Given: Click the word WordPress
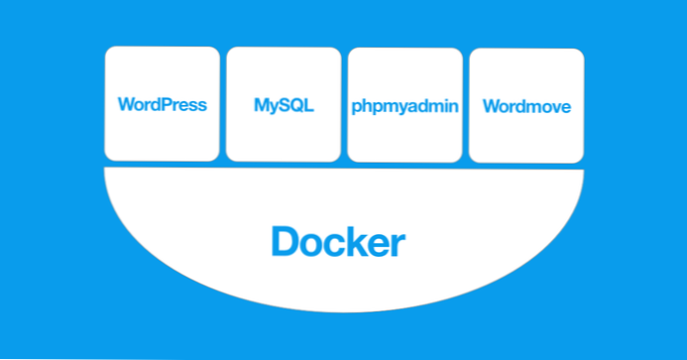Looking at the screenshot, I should pyautogui.click(x=162, y=105).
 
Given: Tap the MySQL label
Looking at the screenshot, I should pyautogui.click(x=283, y=105).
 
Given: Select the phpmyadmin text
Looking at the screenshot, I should pyautogui.click(x=403, y=106).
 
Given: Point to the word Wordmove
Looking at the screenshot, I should pyautogui.click(x=525, y=106).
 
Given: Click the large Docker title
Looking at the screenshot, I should pyautogui.click(x=338, y=241).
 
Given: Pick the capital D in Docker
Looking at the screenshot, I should pyautogui.click(x=285, y=241).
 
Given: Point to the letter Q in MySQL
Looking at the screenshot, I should pyautogui.click(x=294, y=105).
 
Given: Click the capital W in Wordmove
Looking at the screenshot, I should pyautogui.click(x=490, y=106).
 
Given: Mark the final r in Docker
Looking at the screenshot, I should pyautogui.click(x=399, y=243).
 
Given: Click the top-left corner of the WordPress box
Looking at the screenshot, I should pyautogui.click(x=108, y=50).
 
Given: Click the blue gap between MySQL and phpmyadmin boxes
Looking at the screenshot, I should pyautogui.click(x=343, y=104).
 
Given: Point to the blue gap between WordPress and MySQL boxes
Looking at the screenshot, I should pyautogui.click(x=222, y=104).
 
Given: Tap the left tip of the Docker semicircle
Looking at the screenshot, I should pyautogui.click(x=105, y=171).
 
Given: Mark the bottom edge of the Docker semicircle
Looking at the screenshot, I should pyautogui.click(x=343, y=311).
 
